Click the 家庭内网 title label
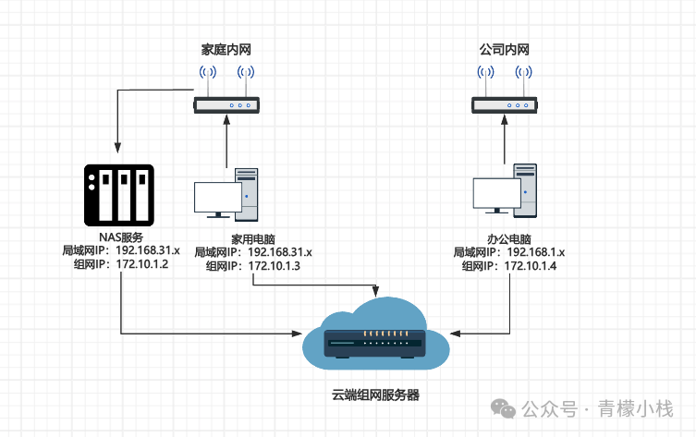tap(226, 47)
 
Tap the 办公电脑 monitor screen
tap(496, 193)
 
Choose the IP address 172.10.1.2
tap(141, 263)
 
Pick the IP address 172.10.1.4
tap(530, 265)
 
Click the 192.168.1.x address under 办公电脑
tap(534, 251)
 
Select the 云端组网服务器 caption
tap(376, 395)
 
